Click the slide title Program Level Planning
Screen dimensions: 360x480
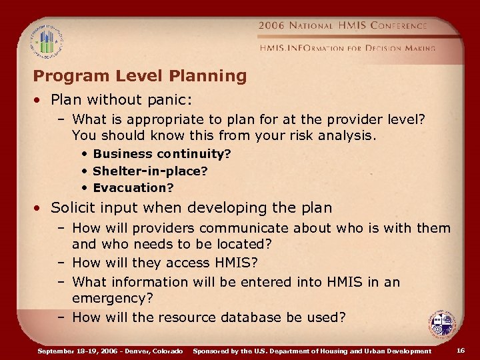click(139, 76)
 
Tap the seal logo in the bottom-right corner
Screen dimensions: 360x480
click(442, 325)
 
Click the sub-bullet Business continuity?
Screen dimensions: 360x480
click(162, 153)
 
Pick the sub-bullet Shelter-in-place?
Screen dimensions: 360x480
click(150, 171)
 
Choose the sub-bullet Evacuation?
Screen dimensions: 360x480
click(133, 188)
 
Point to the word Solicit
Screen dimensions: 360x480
click(73, 207)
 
